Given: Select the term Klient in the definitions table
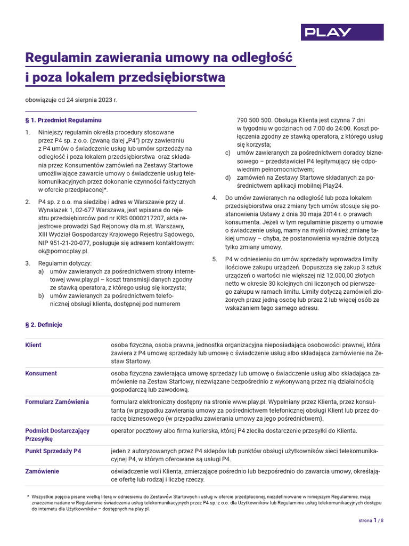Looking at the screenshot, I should [x=34, y=345].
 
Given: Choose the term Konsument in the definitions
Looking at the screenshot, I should [x=41, y=373].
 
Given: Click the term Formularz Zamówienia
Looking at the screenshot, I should [x=57, y=402].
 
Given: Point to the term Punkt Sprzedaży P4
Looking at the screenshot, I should [x=53, y=451].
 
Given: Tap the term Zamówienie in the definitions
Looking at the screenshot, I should [x=43, y=471].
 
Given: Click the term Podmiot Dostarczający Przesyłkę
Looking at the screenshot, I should [x=58, y=435].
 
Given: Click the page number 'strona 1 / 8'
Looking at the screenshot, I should [x=371, y=520].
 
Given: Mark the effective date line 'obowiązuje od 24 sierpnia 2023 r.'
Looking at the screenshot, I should [x=71, y=100].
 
